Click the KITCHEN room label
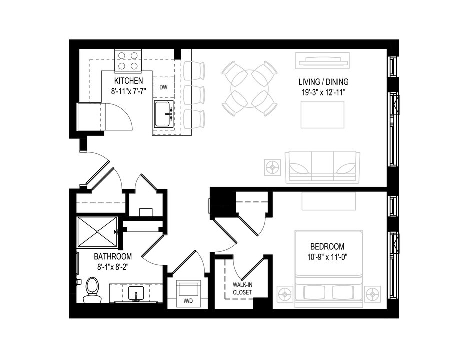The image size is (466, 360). click(x=129, y=80)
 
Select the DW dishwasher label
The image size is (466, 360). click(x=163, y=87)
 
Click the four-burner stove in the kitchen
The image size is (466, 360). click(x=128, y=60)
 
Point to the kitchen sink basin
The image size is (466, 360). click(x=163, y=114)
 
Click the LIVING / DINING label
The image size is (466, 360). click(x=323, y=82)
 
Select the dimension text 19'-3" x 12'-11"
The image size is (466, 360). click(x=323, y=92)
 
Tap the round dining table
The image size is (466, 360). click(x=249, y=88)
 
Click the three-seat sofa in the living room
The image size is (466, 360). click(x=322, y=167)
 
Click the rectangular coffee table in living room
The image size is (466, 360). click(x=322, y=114)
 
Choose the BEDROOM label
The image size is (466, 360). click(x=327, y=246)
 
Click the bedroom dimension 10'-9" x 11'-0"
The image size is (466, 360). click(x=327, y=257)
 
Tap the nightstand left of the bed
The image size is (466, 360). click(x=285, y=294)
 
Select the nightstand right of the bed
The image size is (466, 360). click(x=372, y=294)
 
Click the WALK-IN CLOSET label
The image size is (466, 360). click(x=242, y=289)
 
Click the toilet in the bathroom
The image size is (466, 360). click(x=92, y=290)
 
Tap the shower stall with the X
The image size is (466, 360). click(x=97, y=232)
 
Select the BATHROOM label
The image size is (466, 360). click(x=113, y=257)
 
